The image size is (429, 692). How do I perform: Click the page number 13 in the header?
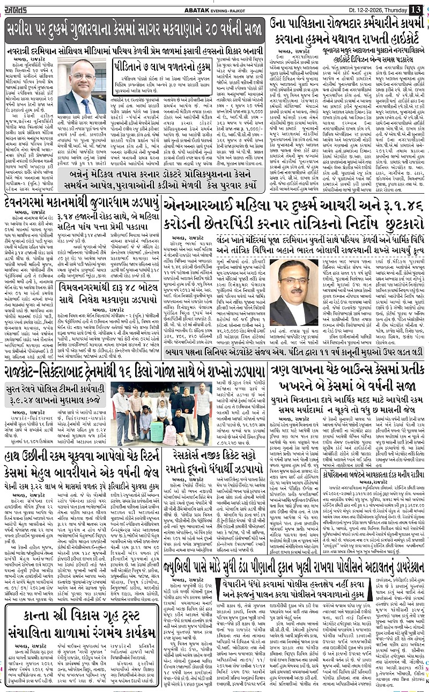click(x=416, y=9)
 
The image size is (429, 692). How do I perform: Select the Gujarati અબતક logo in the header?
click(x=21, y=9)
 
